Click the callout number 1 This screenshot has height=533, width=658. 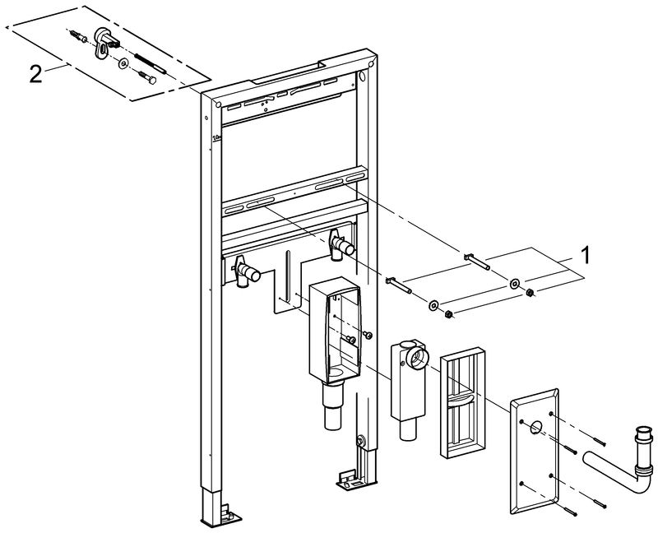tap(586, 255)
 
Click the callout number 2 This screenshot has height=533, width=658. tap(35, 73)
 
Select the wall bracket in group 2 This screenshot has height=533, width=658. tap(106, 38)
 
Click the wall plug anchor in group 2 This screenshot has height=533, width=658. tap(79, 36)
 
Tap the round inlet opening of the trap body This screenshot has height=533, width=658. tap(417, 356)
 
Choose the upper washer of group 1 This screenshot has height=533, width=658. tap(514, 285)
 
